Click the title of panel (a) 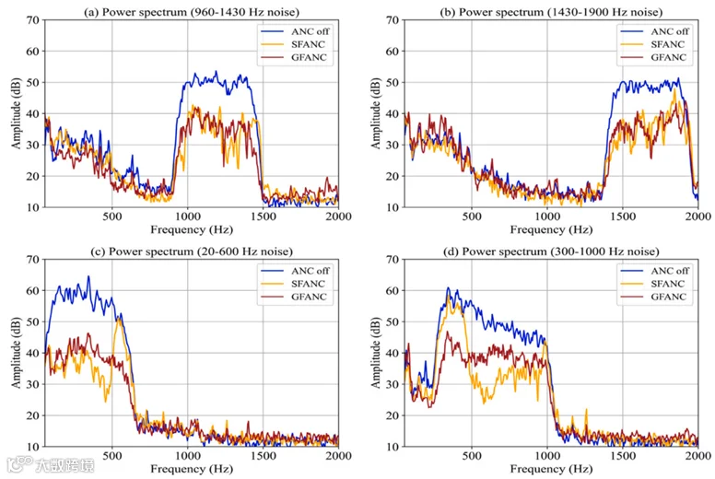[191, 11]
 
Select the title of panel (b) [551, 11]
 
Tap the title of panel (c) [192, 251]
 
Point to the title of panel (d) [551, 251]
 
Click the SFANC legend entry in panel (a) [293, 44]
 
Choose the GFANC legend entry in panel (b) [653, 57]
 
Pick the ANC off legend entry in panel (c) [295, 271]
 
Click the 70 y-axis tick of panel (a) [33, 20]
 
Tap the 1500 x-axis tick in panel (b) [623, 216]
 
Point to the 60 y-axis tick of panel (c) [33, 290]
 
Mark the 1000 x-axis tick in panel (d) [547, 456]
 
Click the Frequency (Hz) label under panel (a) [192, 229]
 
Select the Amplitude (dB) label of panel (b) [376, 113]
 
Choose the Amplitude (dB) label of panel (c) [17, 353]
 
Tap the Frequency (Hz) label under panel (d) [551, 469]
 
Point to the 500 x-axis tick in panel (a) [112, 216]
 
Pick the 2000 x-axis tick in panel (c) [338, 456]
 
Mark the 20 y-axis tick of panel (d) [393, 415]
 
